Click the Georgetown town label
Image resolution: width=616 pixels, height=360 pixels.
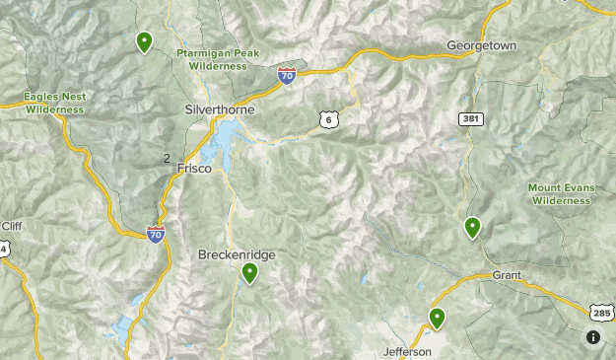pyautogui.click(x=481, y=46)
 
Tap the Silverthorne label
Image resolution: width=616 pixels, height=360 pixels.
pyautogui.click(x=221, y=109)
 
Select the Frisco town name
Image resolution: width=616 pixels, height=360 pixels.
pyautogui.click(x=194, y=169)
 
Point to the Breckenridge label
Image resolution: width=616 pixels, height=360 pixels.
pyautogui.click(x=237, y=254)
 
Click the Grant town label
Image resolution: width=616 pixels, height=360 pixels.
pyautogui.click(x=506, y=274)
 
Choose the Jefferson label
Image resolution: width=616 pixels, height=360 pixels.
pyautogui.click(x=407, y=351)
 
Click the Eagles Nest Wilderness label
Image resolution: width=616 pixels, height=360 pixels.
pyautogui.click(x=56, y=103)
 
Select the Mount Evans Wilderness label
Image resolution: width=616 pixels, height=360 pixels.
pyautogui.click(x=559, y=193)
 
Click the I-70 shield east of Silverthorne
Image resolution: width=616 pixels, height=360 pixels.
pyautogui.click(x=286, y=75)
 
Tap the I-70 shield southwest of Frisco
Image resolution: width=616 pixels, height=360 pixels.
pyautogui.click(x=156, y=234)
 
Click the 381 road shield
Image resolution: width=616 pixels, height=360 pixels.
pyautogui.click(x=470, y=118)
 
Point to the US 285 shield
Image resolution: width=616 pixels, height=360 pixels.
pyautogui.click(x=601, y=312)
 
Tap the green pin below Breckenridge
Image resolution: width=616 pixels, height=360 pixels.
pyautogui.click(x=250, y=273)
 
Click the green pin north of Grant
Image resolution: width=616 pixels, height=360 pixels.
pyautogui.click(x=473, y=228)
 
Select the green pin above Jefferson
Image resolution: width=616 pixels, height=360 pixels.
pyautogui.click(x=437, y=318)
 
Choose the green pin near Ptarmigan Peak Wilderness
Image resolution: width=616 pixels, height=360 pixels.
pyautogui.click(x=145, y=41)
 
